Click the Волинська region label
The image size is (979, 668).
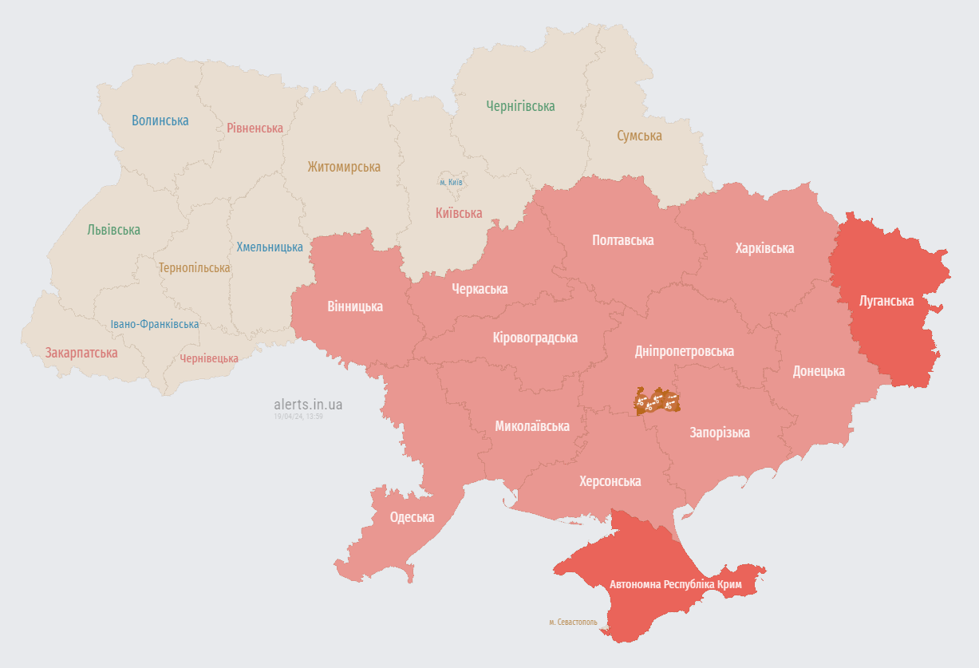[x=160, y=121]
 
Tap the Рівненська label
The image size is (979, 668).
[x=255, y=128]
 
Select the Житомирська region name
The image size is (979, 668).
[x=344, y=167]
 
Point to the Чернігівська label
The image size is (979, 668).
[x=520, y=106]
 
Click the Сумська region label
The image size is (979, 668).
[x=639, y=136]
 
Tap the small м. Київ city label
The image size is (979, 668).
[x=451, y=182]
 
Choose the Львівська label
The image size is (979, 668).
[x=113, y=230]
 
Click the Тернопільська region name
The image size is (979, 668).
[x=194, y=267]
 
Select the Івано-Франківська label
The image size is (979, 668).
[x=155, y=324]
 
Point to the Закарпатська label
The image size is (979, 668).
[x=81, y=353]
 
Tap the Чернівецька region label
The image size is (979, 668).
[x=208, y=358]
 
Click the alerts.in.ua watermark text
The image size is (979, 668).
[x=308, y=405]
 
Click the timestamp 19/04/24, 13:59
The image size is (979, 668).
[x=298, y=417]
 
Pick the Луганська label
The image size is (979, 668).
[x=886, y=301]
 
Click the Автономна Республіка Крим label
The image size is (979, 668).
[x=675, y=585]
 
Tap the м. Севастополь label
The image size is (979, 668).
[x=572, y=622]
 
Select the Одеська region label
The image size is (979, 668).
[x=412, y=517]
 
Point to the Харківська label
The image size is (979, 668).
[x=764, y=248]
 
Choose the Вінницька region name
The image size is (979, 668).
[x=354, y=306]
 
